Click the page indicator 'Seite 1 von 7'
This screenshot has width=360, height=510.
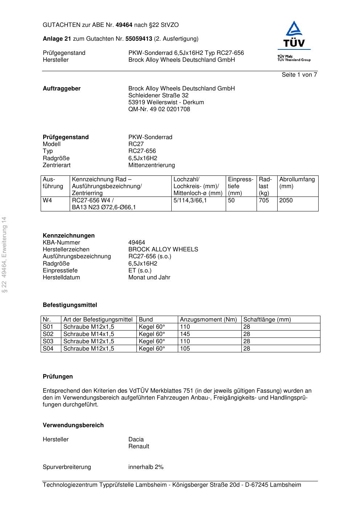coord(299,75)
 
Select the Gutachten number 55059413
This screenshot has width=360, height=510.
coord(139,39)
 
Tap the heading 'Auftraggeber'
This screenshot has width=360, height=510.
coord(62,89)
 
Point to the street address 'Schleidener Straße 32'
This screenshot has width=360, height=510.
coord(158,96)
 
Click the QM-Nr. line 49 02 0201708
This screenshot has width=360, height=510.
coord(159,109)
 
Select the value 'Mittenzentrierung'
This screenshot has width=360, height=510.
coord(151,165)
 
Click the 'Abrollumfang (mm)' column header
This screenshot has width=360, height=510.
coord(297,183)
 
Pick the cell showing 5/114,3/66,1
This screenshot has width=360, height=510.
coord(190,201)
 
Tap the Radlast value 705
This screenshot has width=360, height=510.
coord(263,201)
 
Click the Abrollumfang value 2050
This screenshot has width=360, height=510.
coord(286,201)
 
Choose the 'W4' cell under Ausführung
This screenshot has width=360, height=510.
coord(48,201)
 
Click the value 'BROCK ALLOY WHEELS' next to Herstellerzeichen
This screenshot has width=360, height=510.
coord(163,250)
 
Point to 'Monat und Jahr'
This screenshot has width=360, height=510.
coord(149,278)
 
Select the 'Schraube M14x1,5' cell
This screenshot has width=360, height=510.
coord(89,334)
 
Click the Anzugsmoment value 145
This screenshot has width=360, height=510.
coord(185,334)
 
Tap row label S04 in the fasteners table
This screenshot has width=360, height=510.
coord(48,349)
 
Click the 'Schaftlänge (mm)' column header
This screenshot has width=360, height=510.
coord(267,320)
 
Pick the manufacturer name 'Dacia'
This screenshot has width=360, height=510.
coord(136,440)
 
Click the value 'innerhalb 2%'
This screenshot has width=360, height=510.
coord(146,467)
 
